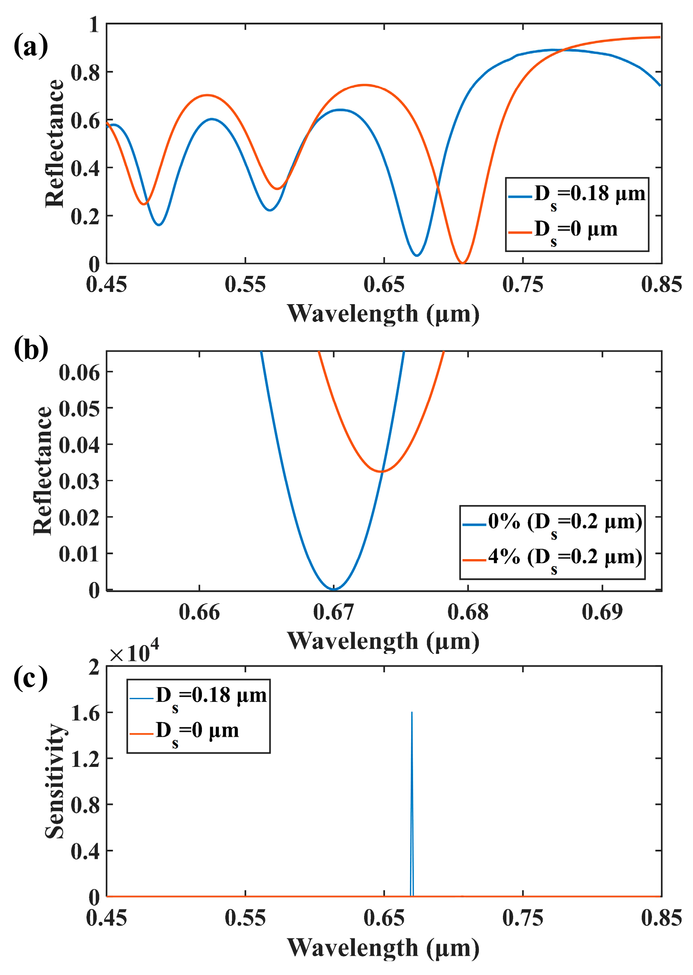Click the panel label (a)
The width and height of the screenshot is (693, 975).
click(x=31, y=46)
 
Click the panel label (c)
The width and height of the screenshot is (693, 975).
click(x=31, y=678)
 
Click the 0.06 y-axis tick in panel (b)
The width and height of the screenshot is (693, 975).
click(x=79, y=373)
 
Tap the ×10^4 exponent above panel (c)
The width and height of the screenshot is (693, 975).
click(x=134, y=653)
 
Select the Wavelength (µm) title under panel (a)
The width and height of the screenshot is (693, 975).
click(x=383, y=314)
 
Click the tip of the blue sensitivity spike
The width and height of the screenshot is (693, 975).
click(x=412, y=712)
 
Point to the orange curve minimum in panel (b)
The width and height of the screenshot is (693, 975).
click(x=382, y=471)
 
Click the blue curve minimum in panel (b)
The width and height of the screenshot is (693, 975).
click(x=334, y=589)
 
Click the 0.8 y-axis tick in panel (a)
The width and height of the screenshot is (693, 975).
click(x=85, y=72)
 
